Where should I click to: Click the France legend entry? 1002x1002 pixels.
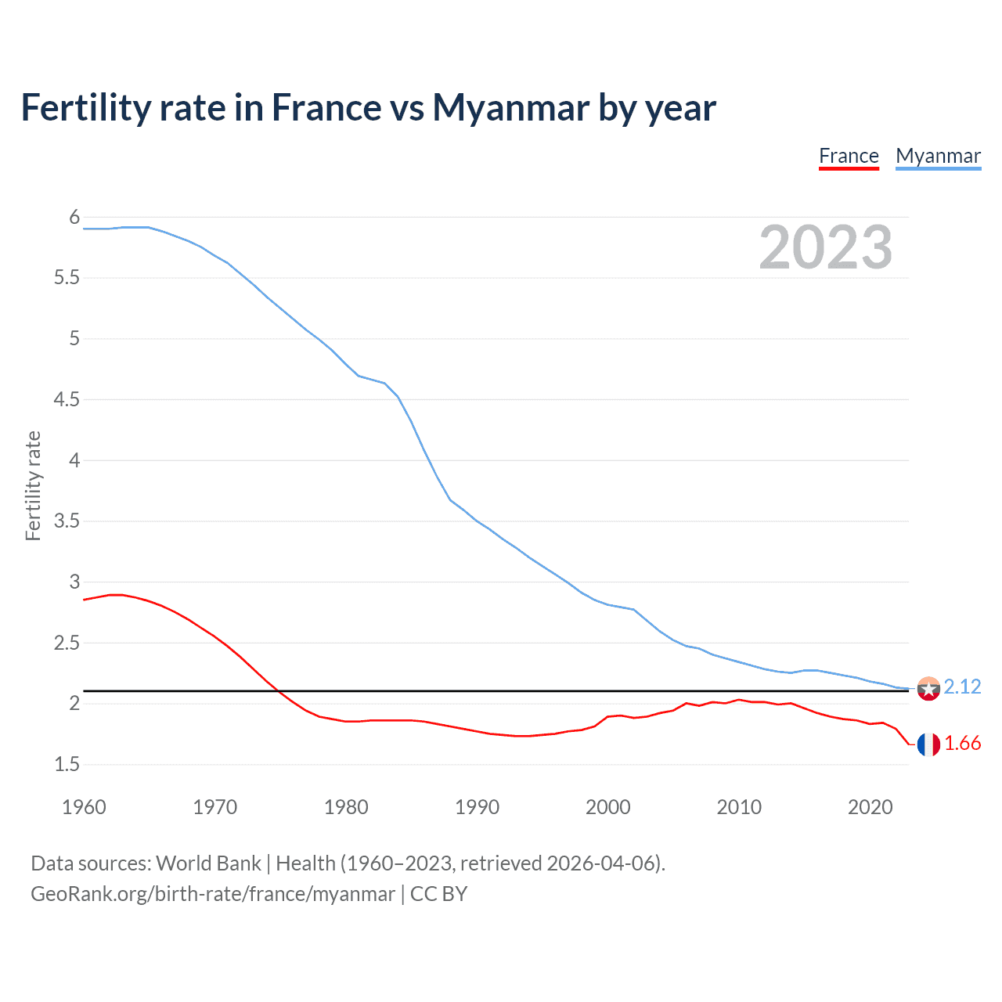(849, 156)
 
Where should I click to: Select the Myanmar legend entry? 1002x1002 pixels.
(938, 156)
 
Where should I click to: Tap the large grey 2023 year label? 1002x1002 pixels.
(825, 247)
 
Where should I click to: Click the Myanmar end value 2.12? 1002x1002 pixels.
(962, 687)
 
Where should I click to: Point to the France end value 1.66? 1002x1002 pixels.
(962, 743)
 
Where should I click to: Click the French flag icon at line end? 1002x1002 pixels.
(928, 744)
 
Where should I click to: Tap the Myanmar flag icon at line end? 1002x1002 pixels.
(928, 689)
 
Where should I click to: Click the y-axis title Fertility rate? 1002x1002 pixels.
(33, 485)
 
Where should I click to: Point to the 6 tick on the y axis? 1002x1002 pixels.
(74, 217)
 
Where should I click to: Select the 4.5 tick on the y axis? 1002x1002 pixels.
(67, 399)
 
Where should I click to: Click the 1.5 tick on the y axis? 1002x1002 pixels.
(67, 764)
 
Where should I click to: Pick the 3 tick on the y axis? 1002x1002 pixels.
(74, 582)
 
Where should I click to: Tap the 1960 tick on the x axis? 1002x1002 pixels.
(84, 807)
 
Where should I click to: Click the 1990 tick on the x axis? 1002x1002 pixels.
(477, 807)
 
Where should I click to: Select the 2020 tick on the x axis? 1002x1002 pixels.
(870, 807)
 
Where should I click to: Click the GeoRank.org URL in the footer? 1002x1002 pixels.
(212, 894)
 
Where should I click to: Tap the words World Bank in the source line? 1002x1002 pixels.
(208, 863)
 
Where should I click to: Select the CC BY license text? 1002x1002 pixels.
(438, 894)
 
